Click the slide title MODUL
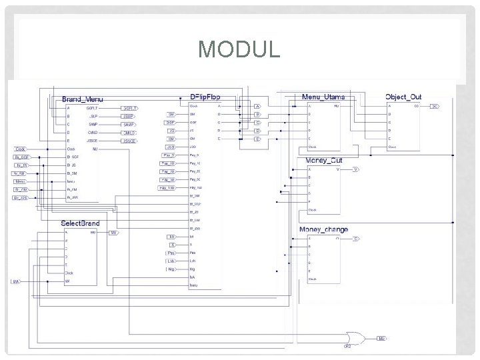click(239, 49)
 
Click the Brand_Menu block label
click(83, 99)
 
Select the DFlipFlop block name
click(205, 97)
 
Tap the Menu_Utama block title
click(323, 97)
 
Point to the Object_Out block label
click(403, 97)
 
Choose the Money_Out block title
click(323, 161)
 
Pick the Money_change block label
click(323, 229)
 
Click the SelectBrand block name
click(80, 223)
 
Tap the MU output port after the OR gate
click(381, 339)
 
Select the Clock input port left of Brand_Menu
click(20, 149)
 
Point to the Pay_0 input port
click(167, 155)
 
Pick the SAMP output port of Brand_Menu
click(129, 124)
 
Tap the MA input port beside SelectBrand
click(15, 282)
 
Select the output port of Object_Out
click(434, 106)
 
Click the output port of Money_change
click(356, 238)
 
